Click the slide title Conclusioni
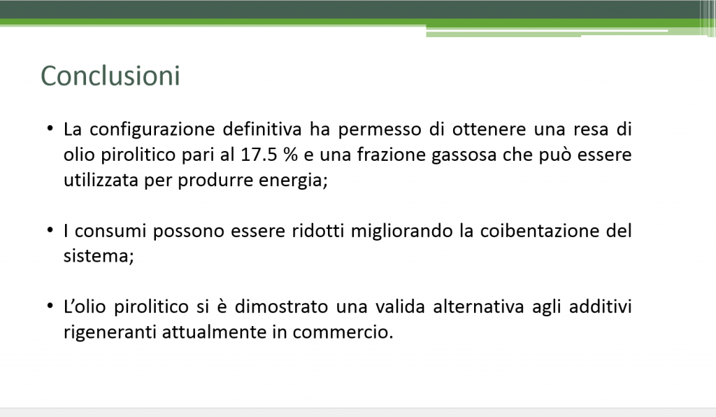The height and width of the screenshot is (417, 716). pyautogui.click(x=110, y=76)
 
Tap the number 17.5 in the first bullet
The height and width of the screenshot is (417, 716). pyautogui.click(x=259, y=155)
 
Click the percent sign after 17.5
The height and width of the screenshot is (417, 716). pyautogui.click(x=290, y=155)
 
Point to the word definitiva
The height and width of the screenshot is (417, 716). pyautogui.click(x=262, y=129)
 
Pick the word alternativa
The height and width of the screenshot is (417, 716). pyautogui.click(x=478, y=306)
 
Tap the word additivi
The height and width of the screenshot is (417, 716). pyautogui.click(x=600, y=306)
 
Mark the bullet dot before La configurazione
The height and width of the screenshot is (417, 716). pyautogui.click(x=50, y=128)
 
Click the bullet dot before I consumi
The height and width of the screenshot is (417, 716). pyautogui.click(x=50, y=229)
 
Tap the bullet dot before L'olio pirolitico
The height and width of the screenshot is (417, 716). pyautogui.click(x=50, y=306)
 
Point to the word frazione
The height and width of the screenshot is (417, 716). pyautogui.click(x=391, y=155)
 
